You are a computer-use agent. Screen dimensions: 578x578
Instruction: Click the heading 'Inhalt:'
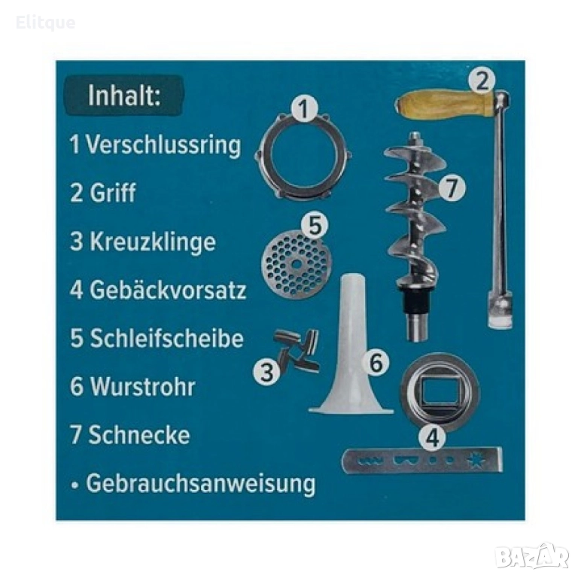[x=124, y=96]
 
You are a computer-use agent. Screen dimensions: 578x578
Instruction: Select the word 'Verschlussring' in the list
[x=163, y=145]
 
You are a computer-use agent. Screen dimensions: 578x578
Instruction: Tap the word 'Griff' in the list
[x=113, y=193]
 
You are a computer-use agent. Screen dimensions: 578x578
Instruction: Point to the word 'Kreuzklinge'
[x=153, y=242]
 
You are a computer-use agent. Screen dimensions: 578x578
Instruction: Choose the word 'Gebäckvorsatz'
[x=168, y=290]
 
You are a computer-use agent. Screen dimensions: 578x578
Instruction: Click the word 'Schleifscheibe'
[x=167, y=338]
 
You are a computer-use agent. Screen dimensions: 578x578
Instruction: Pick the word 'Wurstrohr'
[x=143, y=387]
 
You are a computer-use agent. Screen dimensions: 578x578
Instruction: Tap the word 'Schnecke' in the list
[x=139, y=435]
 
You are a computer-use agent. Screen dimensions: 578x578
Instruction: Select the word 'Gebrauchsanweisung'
[x=201, y=483]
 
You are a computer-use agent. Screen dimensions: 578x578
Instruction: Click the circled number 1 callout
[x=304, y=108]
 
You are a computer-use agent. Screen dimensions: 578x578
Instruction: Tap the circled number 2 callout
[x=482, y=80]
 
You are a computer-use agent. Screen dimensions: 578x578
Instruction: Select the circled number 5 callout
[x=315, y=226]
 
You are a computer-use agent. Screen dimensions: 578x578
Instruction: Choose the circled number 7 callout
[x=452, y=187]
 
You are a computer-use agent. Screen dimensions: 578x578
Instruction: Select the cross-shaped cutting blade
[x=297, y=351]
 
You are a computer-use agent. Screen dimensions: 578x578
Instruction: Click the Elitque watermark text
[x=46, y=23]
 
